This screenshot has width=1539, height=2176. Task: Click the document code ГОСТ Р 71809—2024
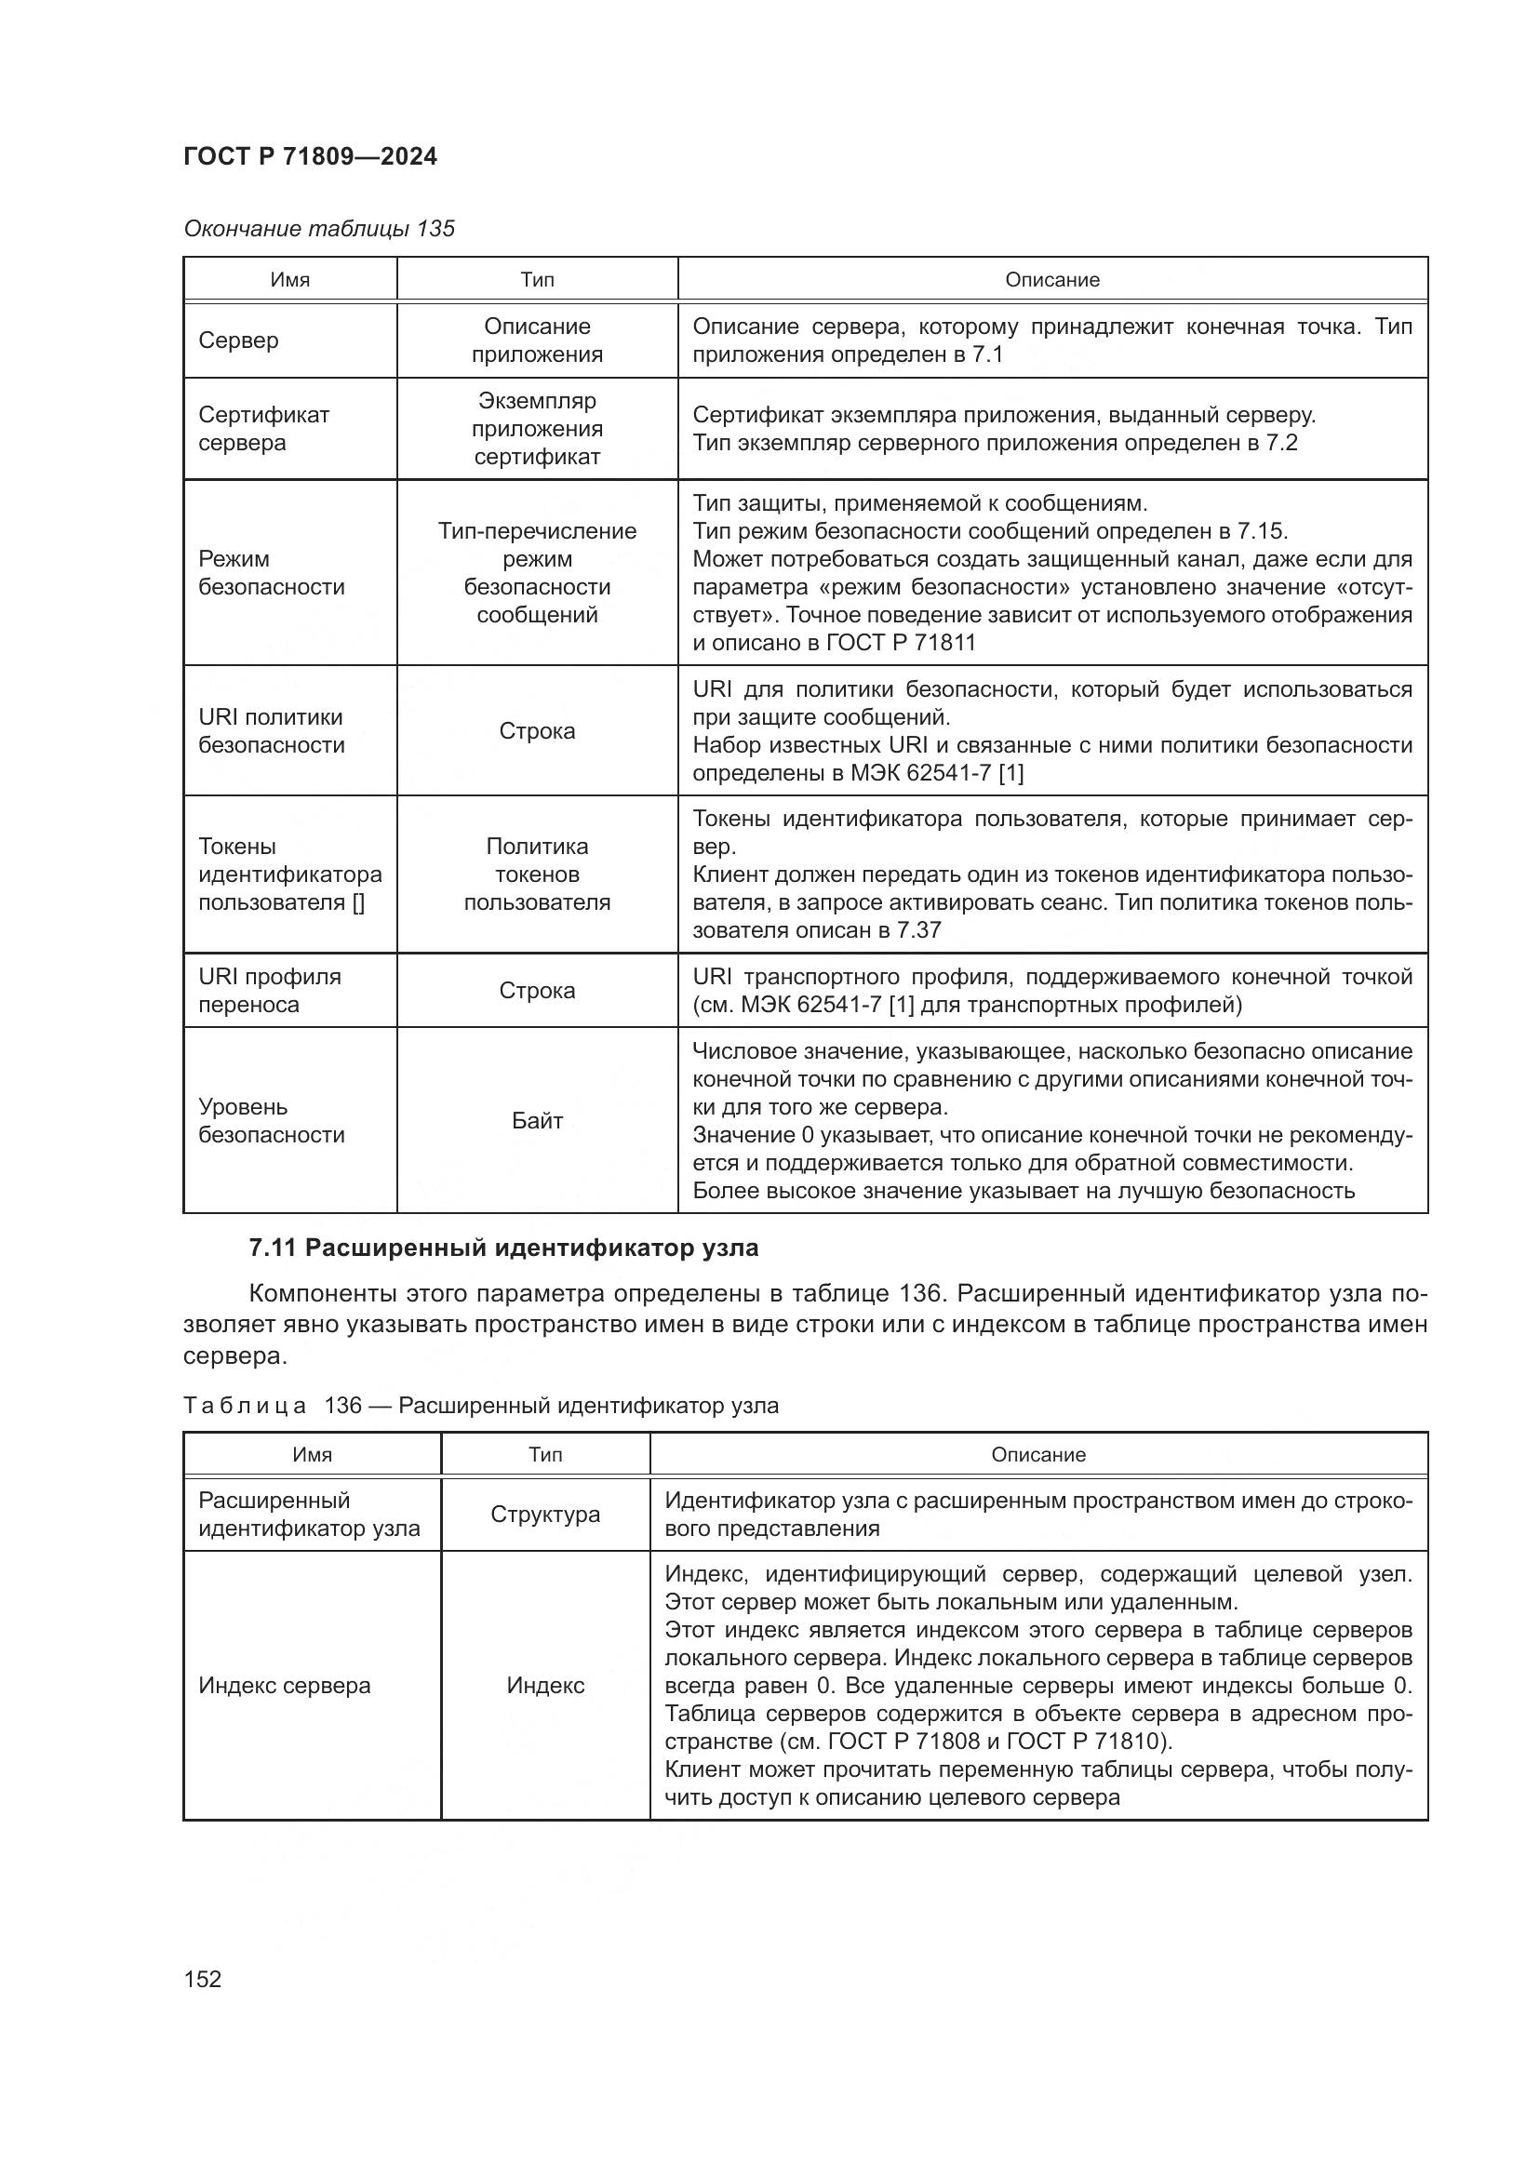(310, 156)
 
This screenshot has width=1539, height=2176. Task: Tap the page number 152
(203, 1978)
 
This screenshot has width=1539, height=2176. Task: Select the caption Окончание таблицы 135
(318, 229)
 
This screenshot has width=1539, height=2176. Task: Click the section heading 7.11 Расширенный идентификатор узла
(503, 1248)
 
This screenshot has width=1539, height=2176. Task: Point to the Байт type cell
(536, 1120)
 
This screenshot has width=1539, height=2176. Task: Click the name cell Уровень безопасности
(271, 1120)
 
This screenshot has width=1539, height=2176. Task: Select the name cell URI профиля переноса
(269, 991)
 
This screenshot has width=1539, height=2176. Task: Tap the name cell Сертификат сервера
(263, 428)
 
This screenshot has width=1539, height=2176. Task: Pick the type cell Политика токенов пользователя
(536, 874)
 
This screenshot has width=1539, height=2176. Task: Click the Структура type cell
(545, 1514)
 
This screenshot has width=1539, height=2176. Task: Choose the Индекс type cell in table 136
(545, 1685)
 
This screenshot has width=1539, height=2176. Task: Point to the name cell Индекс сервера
(285, 1685)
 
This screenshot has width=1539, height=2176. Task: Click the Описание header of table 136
(1037, 1454)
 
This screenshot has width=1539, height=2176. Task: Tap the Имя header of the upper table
(290, 280)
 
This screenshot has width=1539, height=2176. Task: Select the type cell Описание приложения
(536, 340)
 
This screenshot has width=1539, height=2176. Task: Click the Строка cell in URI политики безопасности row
(536, 730)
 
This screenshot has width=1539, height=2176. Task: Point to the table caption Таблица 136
(479, 1405)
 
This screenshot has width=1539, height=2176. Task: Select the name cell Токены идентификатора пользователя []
(289, 874)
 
